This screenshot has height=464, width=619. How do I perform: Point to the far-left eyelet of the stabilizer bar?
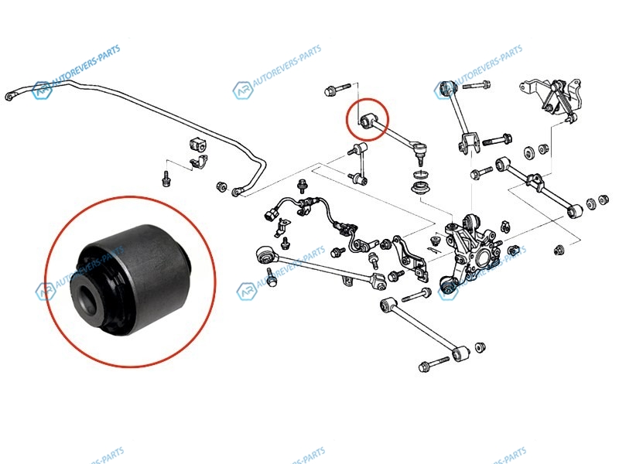pos(10,97)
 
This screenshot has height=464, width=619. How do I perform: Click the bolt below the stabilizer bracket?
pos(166,178)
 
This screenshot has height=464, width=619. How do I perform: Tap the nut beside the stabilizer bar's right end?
pos(221,186)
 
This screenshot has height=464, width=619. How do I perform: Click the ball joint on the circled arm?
pos(420,148)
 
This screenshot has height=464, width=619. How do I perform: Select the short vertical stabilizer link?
pos(357,164)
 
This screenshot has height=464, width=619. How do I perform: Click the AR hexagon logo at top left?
pos(42,91)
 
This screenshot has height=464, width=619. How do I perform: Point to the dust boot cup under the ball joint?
pos(419,188)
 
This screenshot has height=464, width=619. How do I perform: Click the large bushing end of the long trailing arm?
pos(264,255)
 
